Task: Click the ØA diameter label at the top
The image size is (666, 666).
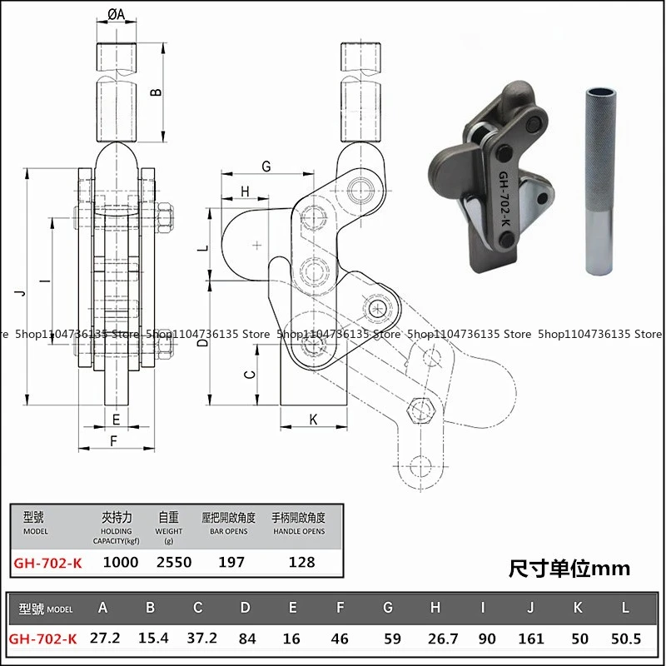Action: point(117,14)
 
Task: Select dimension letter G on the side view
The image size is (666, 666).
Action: point(266,166)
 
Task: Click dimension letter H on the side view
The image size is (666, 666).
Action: point(245,191)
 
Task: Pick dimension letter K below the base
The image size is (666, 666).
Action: point(314,419)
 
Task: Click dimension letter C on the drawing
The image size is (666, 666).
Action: point(248,375)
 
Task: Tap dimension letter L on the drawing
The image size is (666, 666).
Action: point(211,248)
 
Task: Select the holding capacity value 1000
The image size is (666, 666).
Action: point(121,562)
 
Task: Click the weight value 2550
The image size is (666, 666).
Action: point(174,562)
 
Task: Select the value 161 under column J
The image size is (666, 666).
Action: point(530,639)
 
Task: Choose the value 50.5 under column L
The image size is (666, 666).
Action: point(625,639)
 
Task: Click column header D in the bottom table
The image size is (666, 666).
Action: point(245,608)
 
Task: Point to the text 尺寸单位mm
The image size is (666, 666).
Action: point(569,569)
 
